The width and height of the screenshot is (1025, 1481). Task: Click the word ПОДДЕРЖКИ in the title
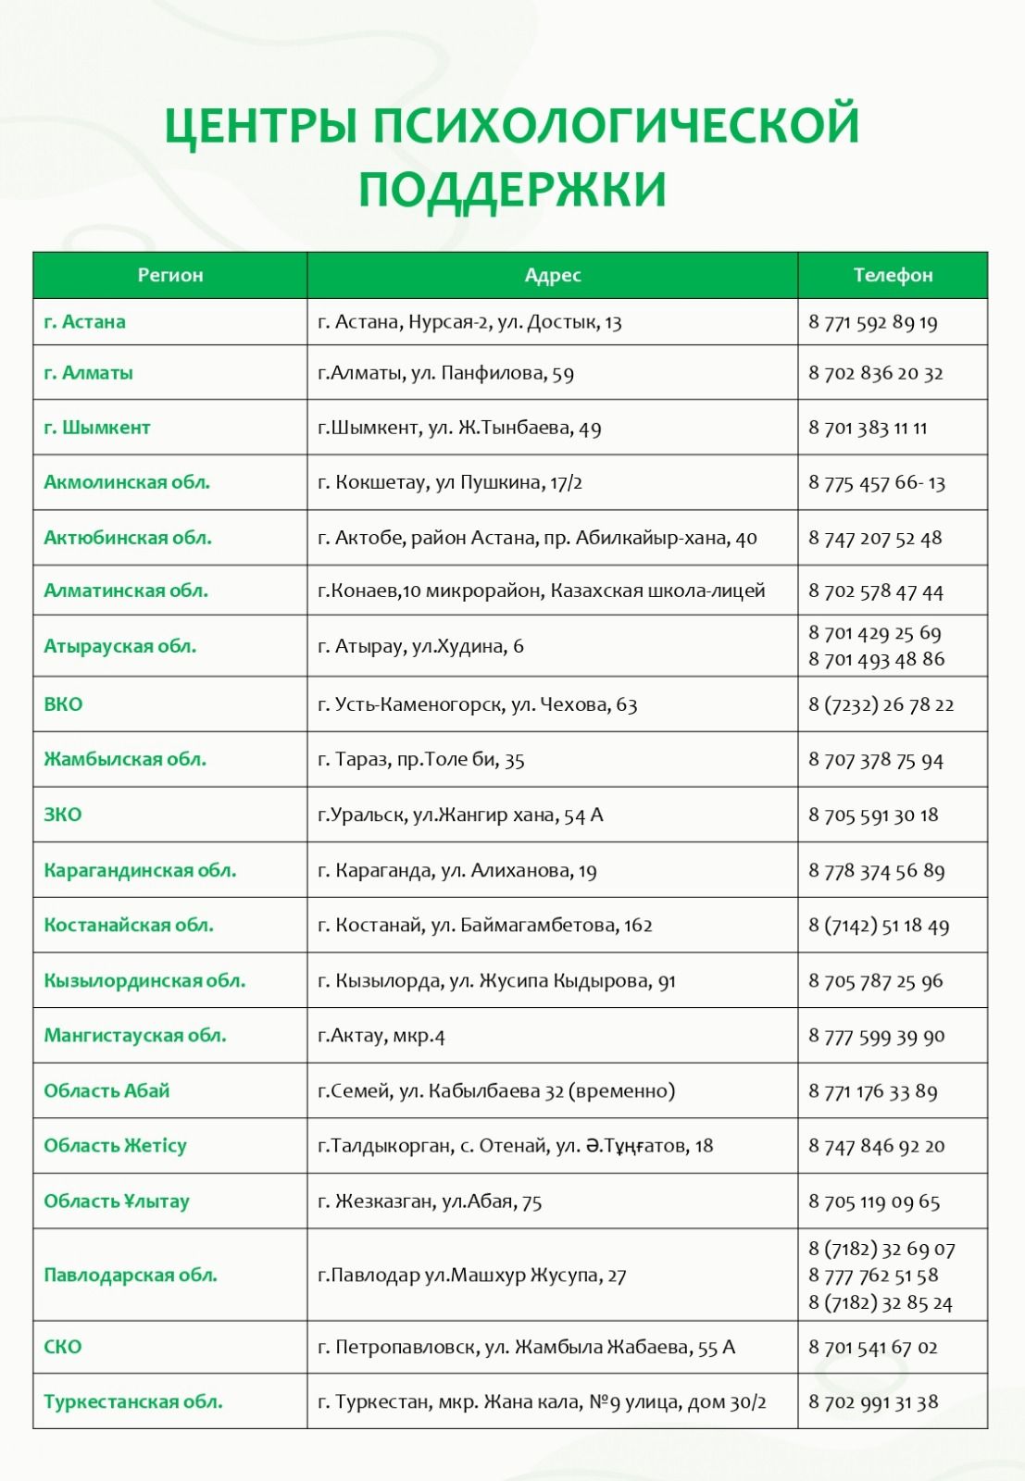(x=512, y=190)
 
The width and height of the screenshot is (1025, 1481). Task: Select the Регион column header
(x=170, y=275)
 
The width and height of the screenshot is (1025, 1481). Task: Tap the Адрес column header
(x=553, y=275)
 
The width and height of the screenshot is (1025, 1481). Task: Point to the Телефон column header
(x=893, y=275)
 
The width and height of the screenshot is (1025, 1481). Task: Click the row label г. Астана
(x=84, y=322)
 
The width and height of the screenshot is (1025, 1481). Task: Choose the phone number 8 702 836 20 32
(x=875, y=373)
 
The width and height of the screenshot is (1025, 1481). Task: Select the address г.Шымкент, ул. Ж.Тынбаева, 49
(x=459, y=428)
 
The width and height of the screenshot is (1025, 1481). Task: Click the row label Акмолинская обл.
(x=127, y=482)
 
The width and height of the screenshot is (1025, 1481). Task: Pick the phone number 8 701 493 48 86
(x=876, y=659)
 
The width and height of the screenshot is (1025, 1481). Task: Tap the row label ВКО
(x=63, y=704)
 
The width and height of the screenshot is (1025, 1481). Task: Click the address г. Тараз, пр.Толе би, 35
(x=421, y=760)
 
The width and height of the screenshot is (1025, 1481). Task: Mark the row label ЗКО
(x=63, y=815)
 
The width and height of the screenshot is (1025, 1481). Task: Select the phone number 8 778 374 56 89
(x=876, y=870)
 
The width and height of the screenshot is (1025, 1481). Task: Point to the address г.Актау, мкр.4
(x=381, y=1036)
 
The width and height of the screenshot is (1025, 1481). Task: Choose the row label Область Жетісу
(x=115, y=1146)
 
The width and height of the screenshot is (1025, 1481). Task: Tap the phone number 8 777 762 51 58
(x=873, y=1276)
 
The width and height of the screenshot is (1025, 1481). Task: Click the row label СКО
(x=63, y=1347)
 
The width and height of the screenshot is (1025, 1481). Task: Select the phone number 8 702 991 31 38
(x=873, y=1402)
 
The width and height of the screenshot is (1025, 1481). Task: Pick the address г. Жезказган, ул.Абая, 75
(x=430, y=1201)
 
